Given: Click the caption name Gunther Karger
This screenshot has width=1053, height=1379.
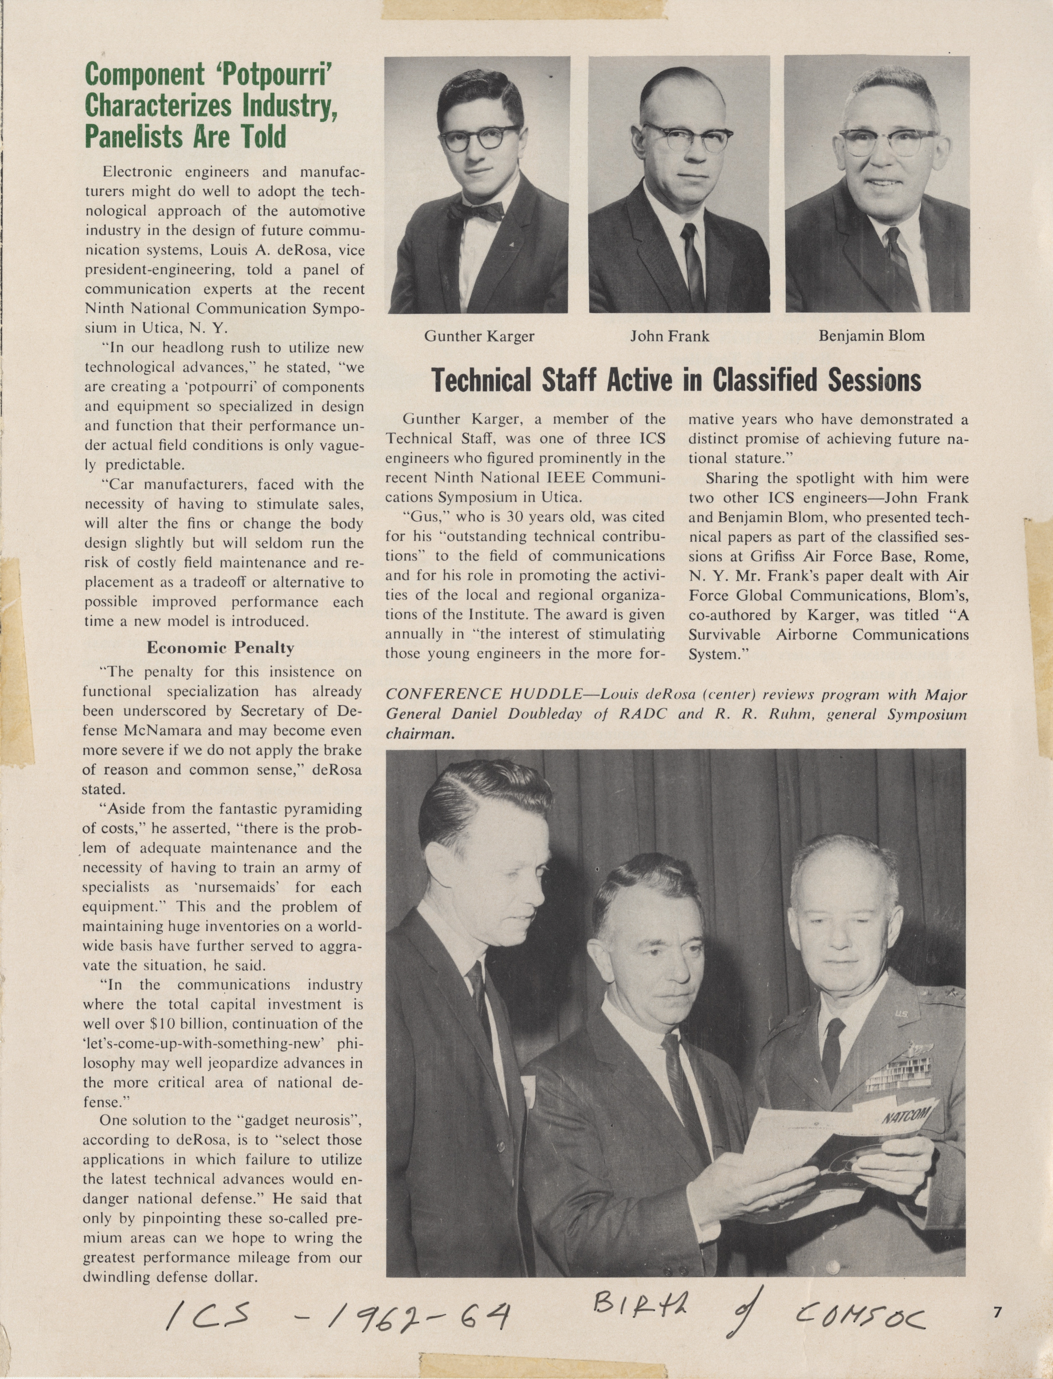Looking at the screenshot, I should (x=479, y=336).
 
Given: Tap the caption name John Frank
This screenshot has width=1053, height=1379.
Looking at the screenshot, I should (x=669, y=336).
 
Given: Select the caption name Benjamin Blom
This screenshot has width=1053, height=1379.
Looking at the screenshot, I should (x=871, y=335).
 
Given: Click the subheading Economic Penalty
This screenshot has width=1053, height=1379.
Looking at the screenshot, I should (x=220, y=648).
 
